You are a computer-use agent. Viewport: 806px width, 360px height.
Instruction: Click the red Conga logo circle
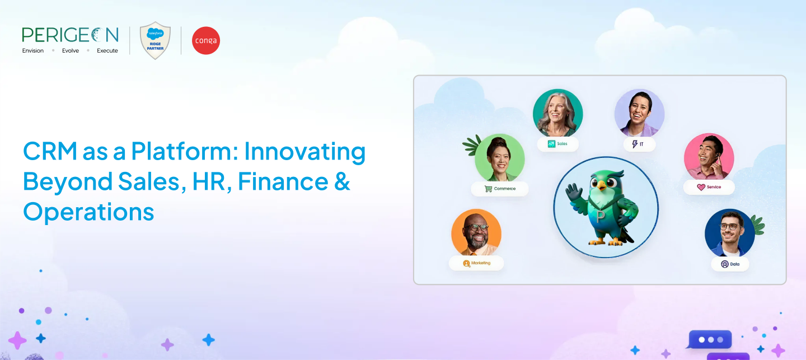pos(206,41)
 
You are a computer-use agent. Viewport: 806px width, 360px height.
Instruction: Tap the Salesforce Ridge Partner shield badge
pos(155,40)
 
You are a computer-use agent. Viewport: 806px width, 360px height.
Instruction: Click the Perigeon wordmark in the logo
pos(70,35)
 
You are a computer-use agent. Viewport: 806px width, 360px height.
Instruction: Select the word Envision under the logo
pos(32,51)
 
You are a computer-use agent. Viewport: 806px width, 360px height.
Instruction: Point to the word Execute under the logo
pos(107,51)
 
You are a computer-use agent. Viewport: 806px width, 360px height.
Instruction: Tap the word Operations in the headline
pos(88,212)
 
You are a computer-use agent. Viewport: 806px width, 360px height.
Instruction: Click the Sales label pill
pos(557,144)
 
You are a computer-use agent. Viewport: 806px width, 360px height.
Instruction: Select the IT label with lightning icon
pos(639,144)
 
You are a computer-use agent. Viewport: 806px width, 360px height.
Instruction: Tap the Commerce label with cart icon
pos(500,189)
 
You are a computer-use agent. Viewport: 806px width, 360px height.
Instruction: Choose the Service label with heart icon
pos(709,187)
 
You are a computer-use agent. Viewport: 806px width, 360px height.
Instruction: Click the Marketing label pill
pos(476,263)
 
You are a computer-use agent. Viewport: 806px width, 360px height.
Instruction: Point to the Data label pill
pos(730,264)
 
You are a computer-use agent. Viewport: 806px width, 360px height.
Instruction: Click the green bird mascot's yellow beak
pos(602,185)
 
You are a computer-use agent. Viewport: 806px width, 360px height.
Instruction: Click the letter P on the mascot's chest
pos(600,217)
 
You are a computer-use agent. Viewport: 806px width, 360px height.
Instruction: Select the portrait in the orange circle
pos(476,233)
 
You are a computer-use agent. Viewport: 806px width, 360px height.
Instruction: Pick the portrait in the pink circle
pos(709,157)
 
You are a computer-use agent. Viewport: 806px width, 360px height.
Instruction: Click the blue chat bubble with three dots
pos(710,339)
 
